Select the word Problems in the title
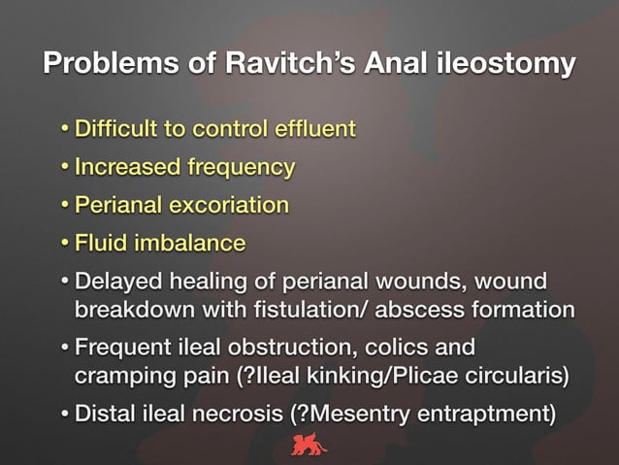pos(102,64)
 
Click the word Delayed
pos(118,282)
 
